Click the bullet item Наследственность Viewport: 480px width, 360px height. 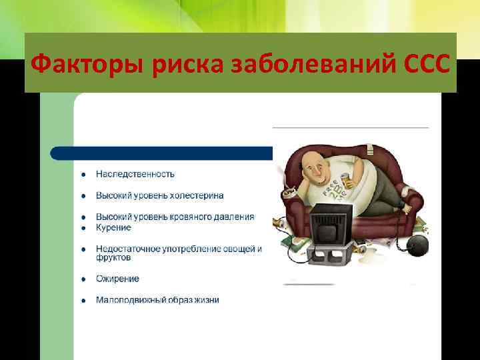pos(135,174)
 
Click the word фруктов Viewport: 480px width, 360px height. pos(113,258)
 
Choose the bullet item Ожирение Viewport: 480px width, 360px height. pos(117,279)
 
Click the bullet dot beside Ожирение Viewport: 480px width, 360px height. pos(83,279)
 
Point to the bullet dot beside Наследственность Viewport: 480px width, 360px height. pos(83,175)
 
